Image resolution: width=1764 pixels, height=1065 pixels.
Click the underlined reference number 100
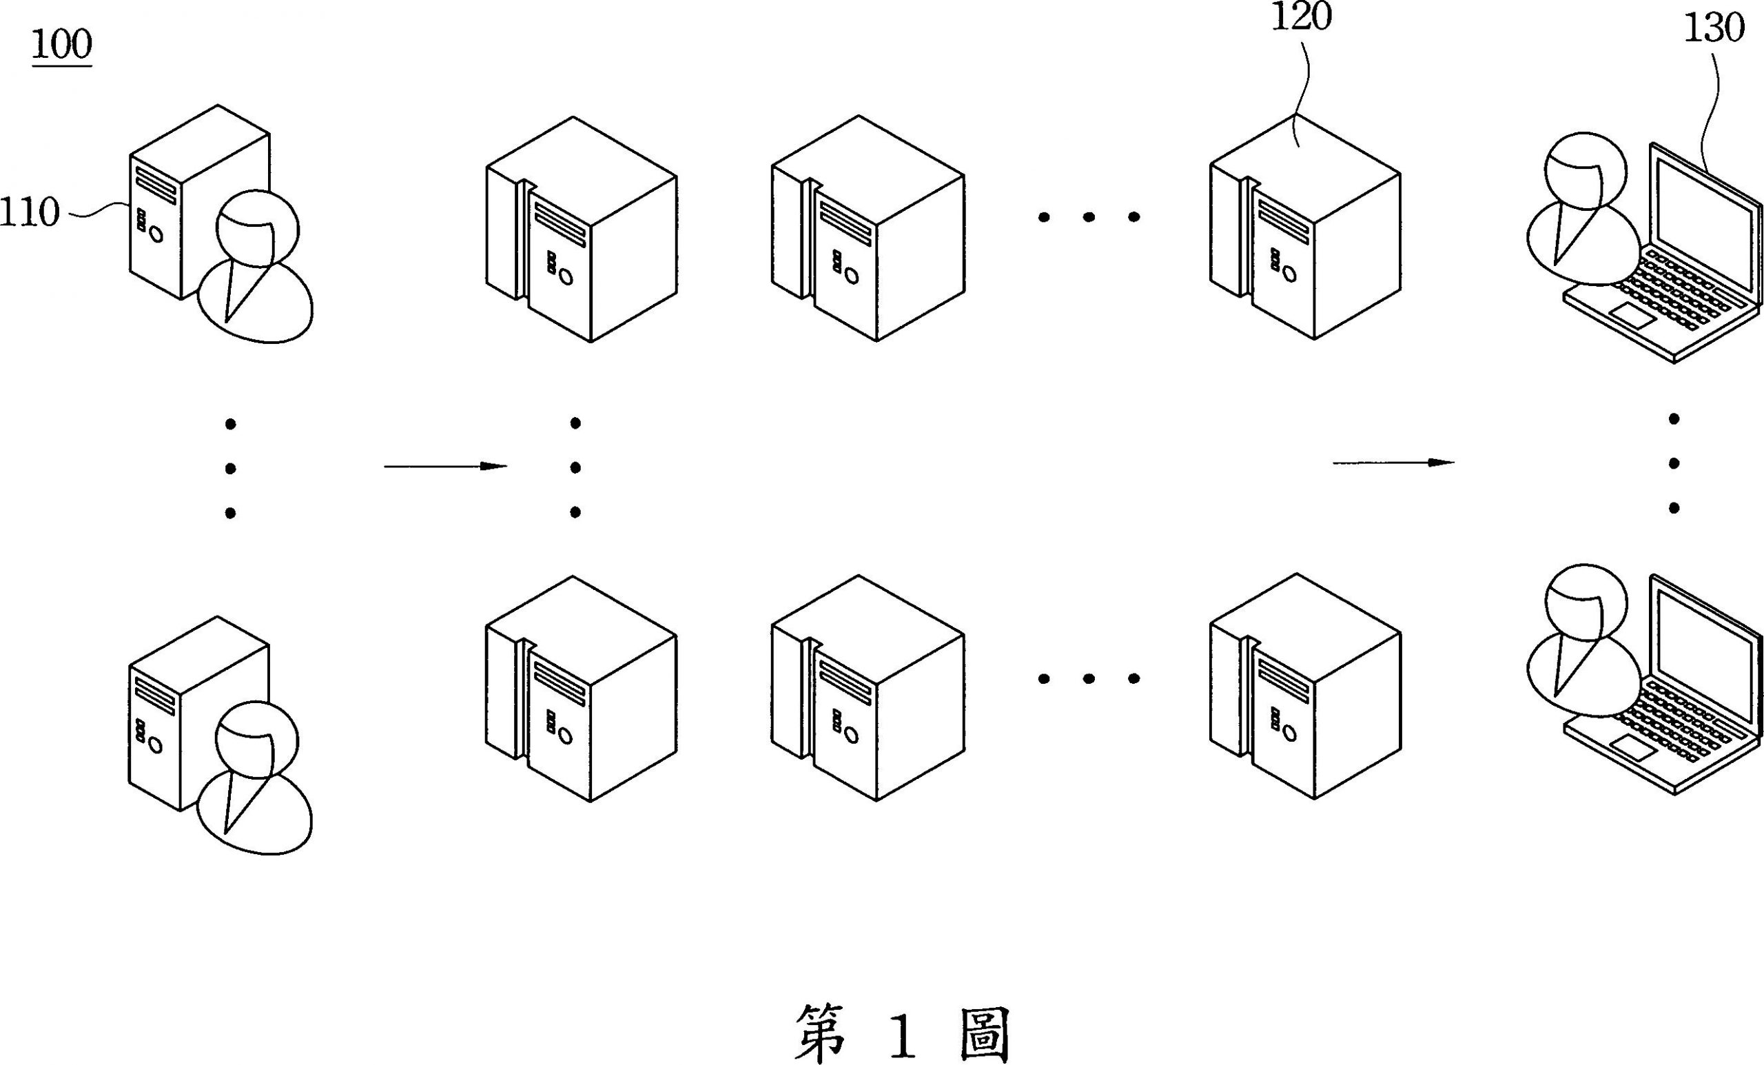click(x=61, y=45)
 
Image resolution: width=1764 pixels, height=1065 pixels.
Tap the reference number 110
click(x=30, y=213)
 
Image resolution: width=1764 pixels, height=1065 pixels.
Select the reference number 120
click(x=1301, y=17)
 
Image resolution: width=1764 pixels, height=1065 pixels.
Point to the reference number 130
click(x=1713, y=30)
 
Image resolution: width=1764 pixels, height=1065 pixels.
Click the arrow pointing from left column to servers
click(x=445, y=466)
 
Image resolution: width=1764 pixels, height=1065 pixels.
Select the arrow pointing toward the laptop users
click(x=1393, y=463)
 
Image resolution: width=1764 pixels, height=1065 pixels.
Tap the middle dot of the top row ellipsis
click(x=1088, y=217)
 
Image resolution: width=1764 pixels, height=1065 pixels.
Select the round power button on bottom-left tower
click(x=155, y=747)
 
